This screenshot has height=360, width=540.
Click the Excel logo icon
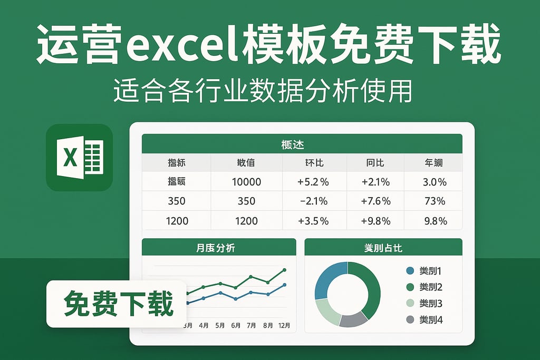79,157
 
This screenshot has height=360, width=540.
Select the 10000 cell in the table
246,182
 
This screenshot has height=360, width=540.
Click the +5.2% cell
313,182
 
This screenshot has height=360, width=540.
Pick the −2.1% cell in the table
313,201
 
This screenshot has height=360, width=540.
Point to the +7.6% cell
375,201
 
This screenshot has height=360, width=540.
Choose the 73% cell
435,201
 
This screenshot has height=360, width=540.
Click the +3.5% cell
313,220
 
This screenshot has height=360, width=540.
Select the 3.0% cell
435,182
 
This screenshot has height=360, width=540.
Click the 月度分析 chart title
219,247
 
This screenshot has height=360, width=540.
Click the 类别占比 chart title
383,247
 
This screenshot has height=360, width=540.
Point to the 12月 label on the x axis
284,325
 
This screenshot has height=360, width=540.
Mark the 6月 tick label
236,325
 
